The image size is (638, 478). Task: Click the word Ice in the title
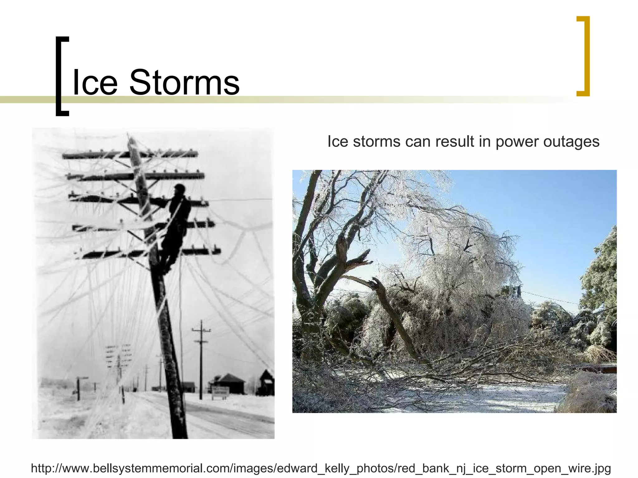pyautogui.click(x=95, y=82)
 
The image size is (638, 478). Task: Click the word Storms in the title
pyautogui.click(x=184, y=82)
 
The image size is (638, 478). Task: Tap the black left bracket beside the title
pyautogui.click(x=61, y=76)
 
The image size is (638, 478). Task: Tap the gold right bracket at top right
pyautogui.click(x=584, y=56)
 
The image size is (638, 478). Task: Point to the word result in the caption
pyautogui.click(x=455, y=142)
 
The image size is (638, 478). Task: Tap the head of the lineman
pyautogui.click(x=179, y=189)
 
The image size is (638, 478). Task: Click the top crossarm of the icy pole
pyautogui.click(x=130, y=154)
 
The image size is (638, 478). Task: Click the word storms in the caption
pyautogui.click(x=377, y=142)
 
